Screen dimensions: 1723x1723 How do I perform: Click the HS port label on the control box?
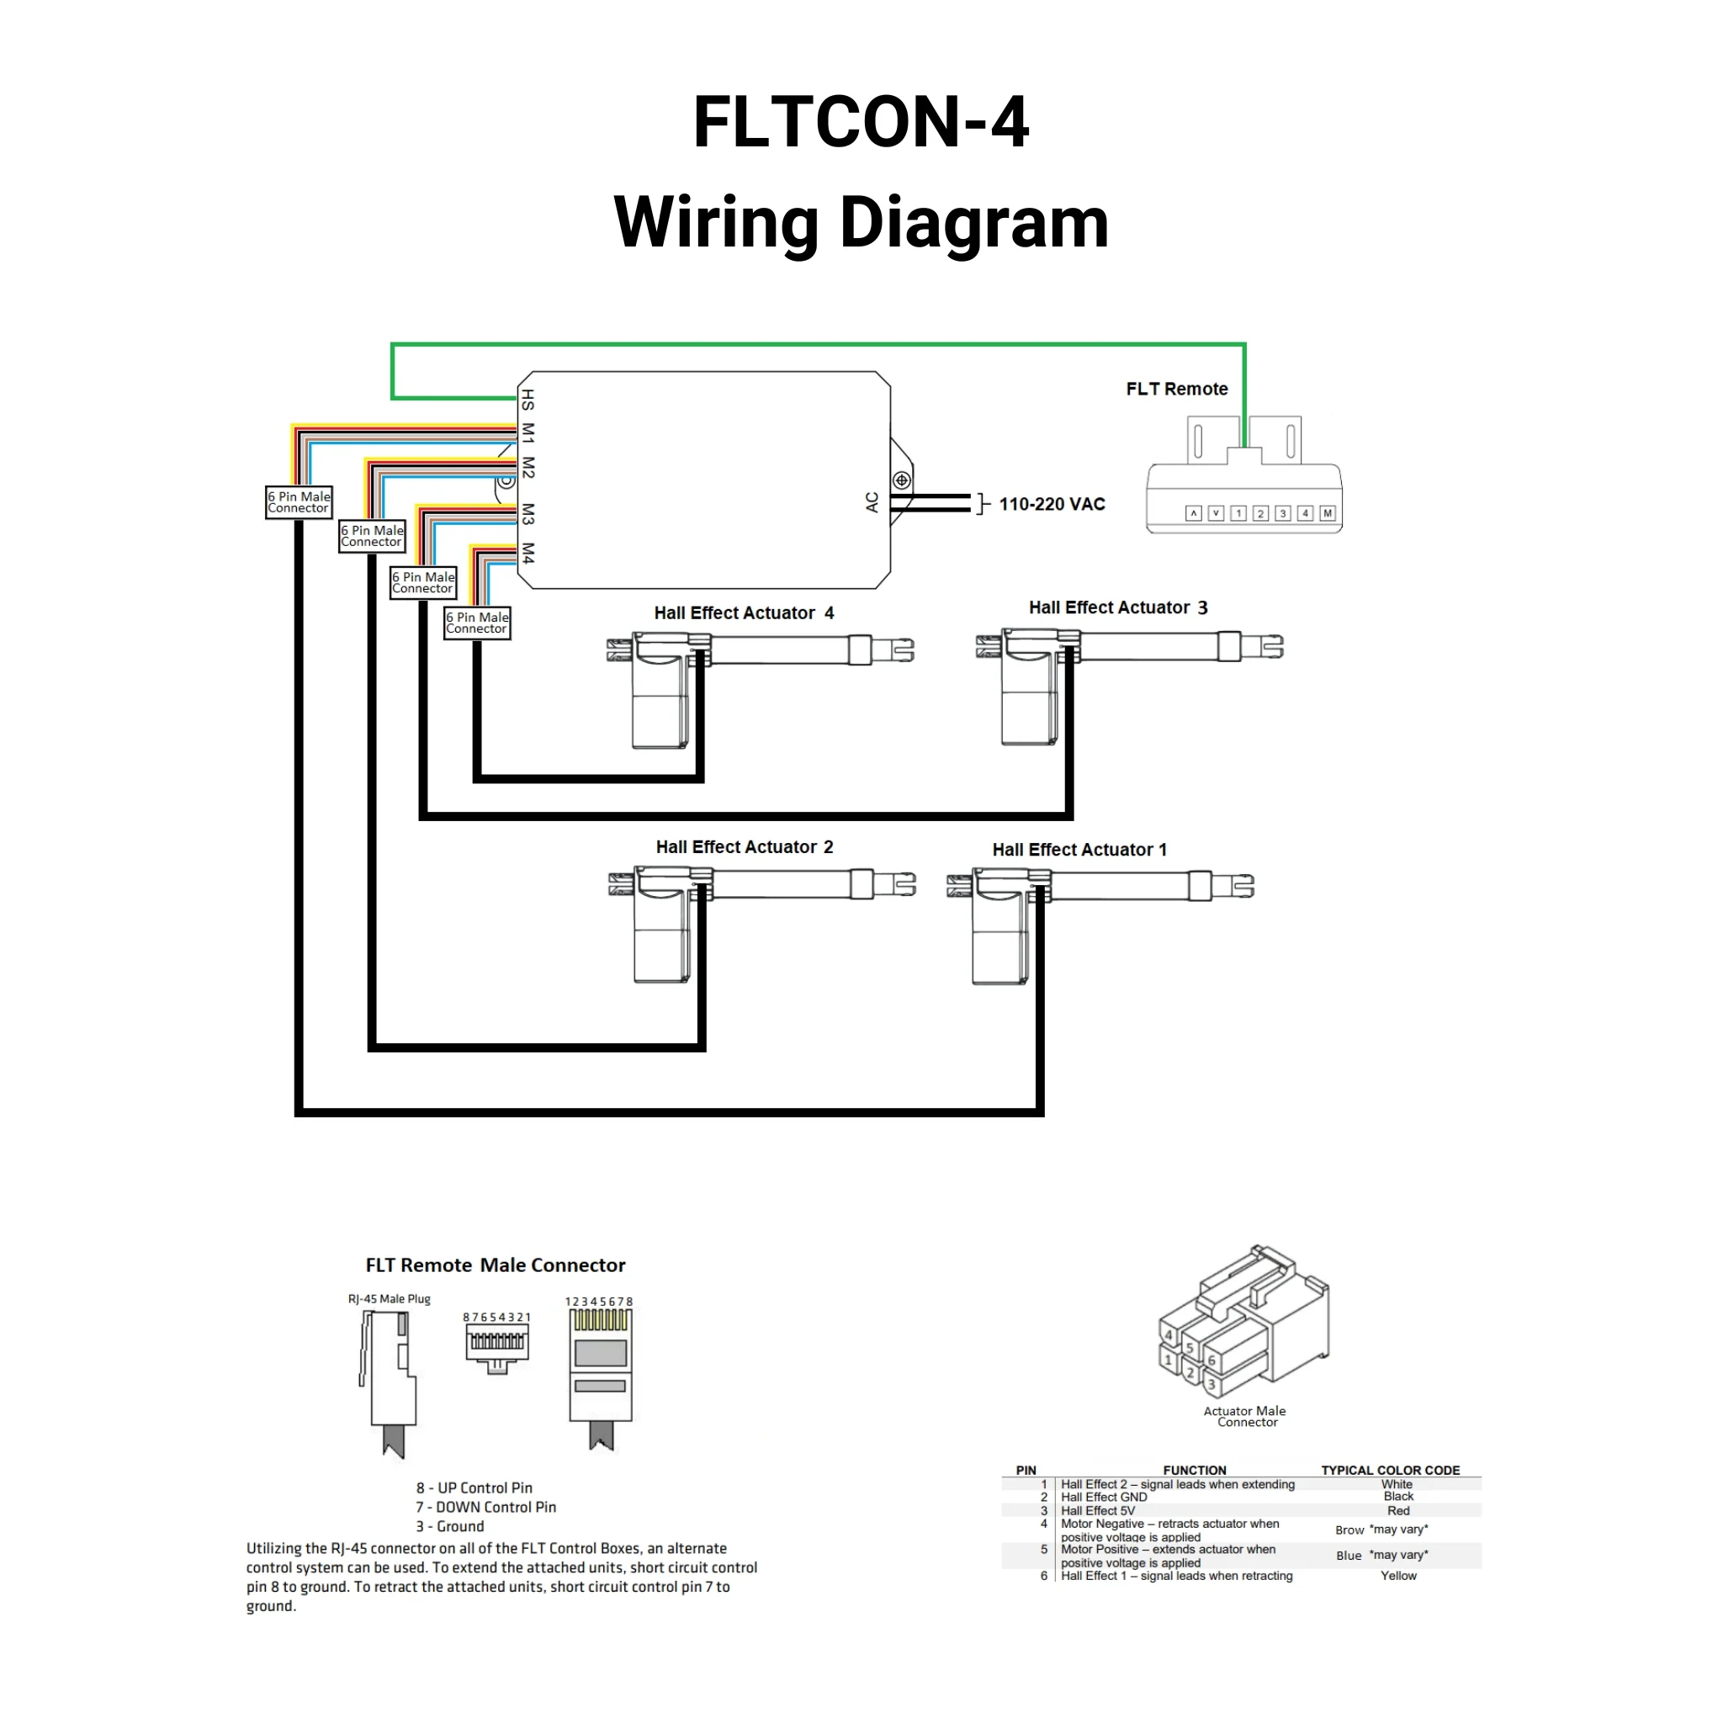528,400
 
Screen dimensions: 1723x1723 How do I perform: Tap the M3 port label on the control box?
528,514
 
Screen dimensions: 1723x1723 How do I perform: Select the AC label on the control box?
872,502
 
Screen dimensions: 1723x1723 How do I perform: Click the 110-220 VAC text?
1052,504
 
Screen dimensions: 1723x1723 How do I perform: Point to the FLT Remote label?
1176,389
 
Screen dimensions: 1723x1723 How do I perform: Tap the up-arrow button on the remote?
1193,513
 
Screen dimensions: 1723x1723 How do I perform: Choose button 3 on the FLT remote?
1282,513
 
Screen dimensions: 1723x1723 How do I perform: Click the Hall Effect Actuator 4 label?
744,612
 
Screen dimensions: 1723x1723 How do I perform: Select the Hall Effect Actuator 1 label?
1079,850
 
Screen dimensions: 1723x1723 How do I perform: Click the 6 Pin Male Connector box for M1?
299,502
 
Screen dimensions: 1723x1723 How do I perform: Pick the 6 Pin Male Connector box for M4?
477,623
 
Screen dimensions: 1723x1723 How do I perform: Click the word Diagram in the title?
974,222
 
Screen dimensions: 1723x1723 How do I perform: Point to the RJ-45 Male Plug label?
389,1298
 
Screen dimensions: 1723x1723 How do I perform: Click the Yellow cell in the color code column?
1397,1576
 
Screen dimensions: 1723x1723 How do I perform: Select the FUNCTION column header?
1194,1471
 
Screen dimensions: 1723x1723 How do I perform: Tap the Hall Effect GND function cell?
1104,1498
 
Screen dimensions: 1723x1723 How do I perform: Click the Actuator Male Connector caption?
1245,1416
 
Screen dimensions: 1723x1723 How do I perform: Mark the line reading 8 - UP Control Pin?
474,1487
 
